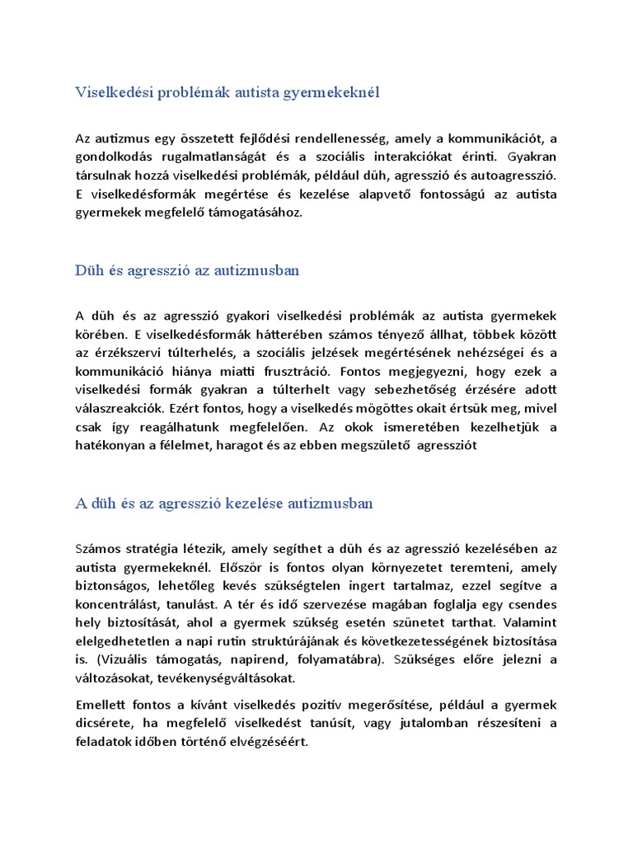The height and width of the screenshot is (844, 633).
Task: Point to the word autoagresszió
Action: point(512,176)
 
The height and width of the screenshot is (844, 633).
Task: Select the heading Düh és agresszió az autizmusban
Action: point(187,270)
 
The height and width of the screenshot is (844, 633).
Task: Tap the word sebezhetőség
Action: point(424,389)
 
